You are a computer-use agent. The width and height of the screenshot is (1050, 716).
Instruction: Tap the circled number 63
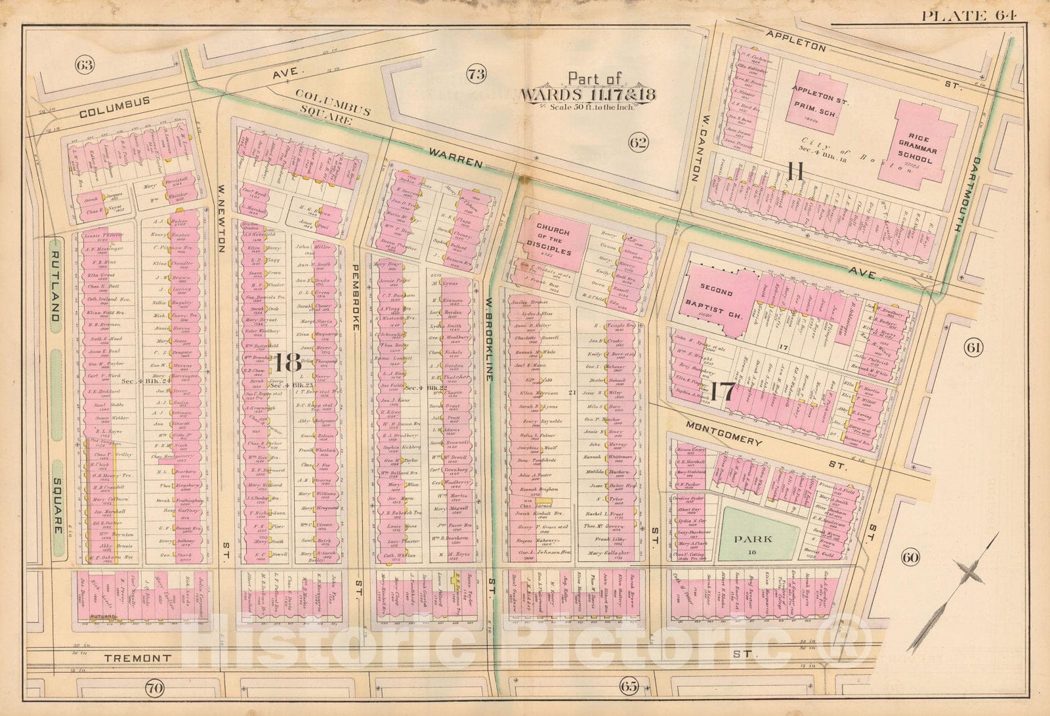(x=85, y=65)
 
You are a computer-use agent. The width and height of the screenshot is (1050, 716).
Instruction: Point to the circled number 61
(x=972, y=347)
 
